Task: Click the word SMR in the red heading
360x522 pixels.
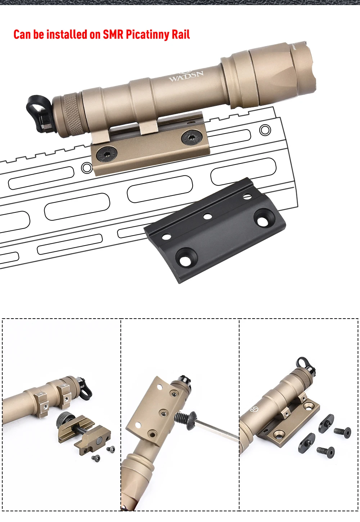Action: click(x=113, y=34)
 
